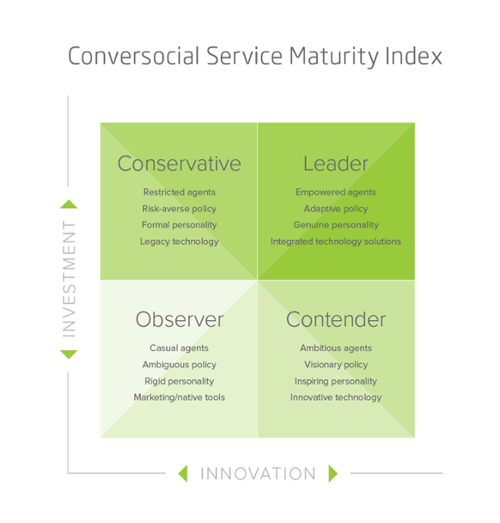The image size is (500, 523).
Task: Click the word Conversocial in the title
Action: tap(134, 56)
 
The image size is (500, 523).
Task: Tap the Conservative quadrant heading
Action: tap(179, 163)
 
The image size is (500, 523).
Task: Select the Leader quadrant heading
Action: tap(336, 163)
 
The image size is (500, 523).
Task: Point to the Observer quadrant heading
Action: tap(180, 319)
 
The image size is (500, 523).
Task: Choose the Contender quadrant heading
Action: tap(336, 319)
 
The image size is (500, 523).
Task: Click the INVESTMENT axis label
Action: tap(69, 279)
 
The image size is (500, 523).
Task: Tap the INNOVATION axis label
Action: tap(258, 473)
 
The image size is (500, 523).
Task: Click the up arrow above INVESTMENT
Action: tap(68, 204)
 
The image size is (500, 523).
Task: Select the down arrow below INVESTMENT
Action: tap(68, 354)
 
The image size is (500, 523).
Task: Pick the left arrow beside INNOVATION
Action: tap(183, 473)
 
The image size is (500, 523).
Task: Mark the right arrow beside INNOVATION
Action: tap(333, 473)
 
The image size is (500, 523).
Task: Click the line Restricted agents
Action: tap(179, 192)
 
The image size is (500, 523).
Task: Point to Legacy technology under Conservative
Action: tap(179, 241)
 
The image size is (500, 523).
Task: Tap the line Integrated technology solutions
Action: tap(336, 241)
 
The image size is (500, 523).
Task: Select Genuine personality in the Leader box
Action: tap(336, 225)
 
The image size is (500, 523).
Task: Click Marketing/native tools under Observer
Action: tap(179, 397)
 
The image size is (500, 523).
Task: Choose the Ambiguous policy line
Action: tap(179, 365)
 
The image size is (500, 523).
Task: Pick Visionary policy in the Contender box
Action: tap(336, 365)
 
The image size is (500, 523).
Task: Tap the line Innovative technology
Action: tap(336, 397)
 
